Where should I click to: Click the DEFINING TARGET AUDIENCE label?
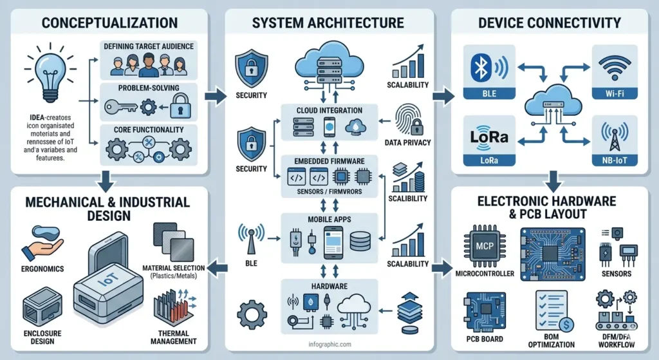coord(148,46)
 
